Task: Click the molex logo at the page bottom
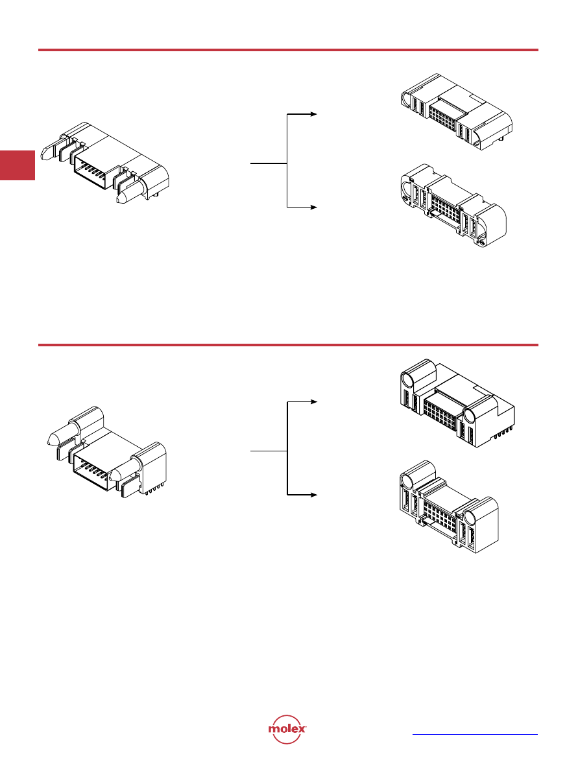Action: [x=287, y=729]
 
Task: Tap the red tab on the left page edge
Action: [x=18, y=165]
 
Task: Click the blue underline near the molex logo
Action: [x=475, y=734]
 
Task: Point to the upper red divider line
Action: [x=288, y=49]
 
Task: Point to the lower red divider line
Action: [x=288, y=345]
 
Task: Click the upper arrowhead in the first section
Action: [x=314, y=114]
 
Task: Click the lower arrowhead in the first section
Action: [x=314, y=207]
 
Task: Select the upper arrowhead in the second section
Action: [x=314, y=402]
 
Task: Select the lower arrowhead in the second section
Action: [x=314, y=495]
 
